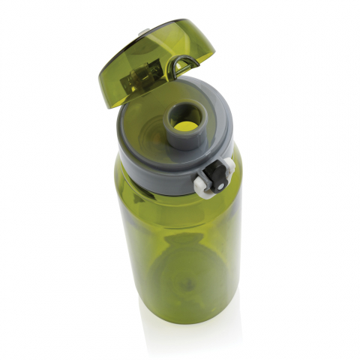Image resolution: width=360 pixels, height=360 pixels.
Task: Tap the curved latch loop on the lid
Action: [x=179, y=67]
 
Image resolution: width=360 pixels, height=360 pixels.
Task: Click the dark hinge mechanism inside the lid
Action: [x=142, y=79]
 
